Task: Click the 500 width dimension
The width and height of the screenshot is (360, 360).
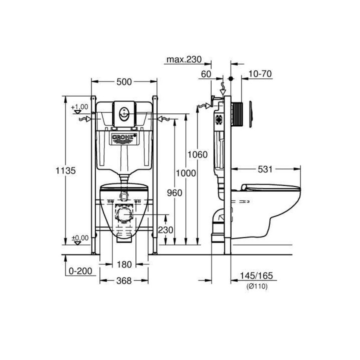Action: tap(123, 82)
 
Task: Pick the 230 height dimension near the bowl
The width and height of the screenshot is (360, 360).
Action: tap(166, 230)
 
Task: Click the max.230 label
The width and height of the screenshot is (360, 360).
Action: tap(183, 60)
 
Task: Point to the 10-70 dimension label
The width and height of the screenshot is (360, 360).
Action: tap(259, 74)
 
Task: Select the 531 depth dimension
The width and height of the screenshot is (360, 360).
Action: tap(265, 169)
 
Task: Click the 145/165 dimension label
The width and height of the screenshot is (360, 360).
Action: tap(258, 275)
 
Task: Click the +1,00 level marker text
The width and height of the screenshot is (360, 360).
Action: tap(79, 107)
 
